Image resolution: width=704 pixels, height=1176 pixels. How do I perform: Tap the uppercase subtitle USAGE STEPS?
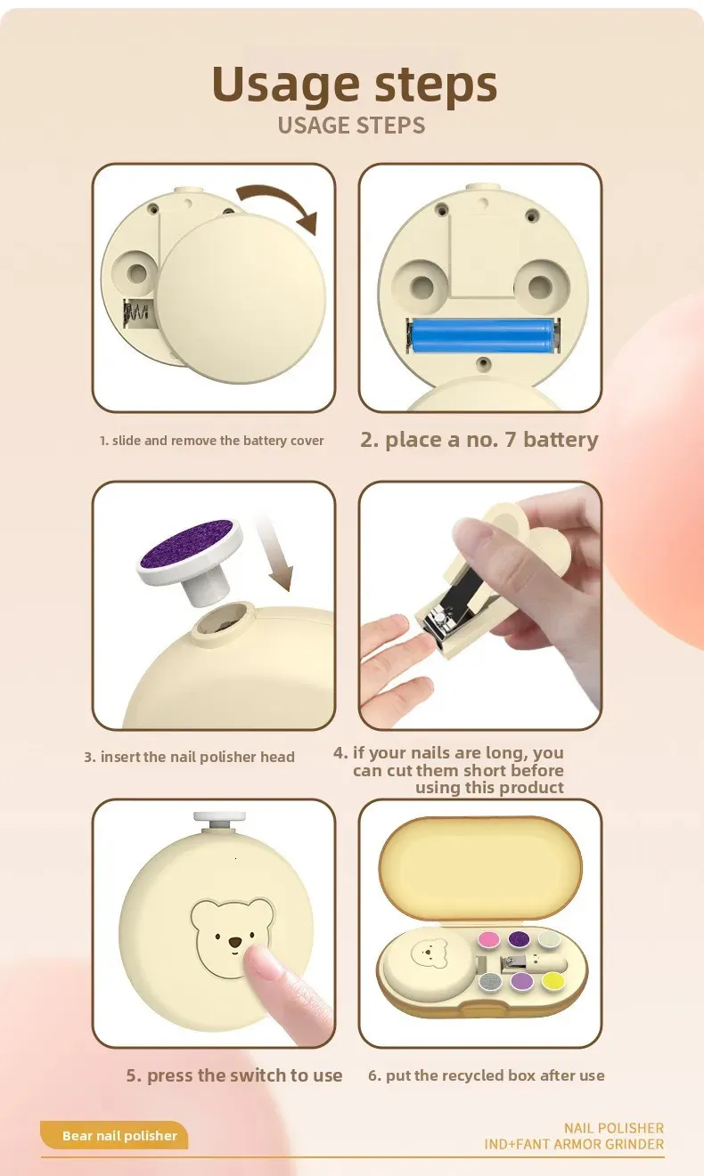351,126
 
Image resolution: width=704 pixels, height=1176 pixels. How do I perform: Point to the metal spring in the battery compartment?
135,313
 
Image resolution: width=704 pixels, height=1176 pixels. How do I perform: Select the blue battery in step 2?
482,336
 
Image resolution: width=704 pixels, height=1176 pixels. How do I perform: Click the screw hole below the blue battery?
482,363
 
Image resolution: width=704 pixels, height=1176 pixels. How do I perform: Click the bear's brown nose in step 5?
235,944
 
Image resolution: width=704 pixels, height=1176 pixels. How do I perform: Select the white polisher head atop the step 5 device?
219,820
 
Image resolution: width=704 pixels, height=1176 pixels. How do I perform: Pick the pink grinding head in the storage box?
488,939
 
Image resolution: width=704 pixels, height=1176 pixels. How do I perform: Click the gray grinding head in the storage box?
490,982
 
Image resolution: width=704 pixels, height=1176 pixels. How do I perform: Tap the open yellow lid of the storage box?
480,866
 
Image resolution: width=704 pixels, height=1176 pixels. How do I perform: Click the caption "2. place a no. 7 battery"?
479,440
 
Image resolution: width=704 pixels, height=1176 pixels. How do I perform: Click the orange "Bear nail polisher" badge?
114,1136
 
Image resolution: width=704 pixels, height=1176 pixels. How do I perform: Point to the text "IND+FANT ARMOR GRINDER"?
574,1144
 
